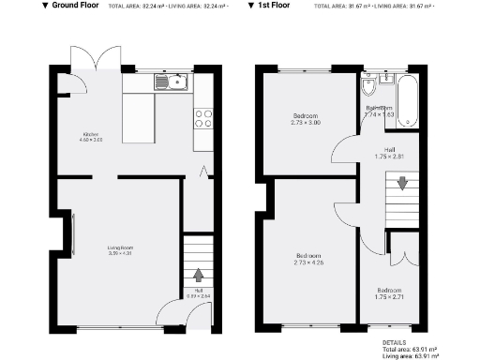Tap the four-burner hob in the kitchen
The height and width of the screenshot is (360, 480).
pos(202,118)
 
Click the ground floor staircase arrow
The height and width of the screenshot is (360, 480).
pos(198,275)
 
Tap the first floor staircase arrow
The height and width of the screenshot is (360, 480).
pos(402,184)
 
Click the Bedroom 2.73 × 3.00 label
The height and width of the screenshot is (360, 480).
pos(306,118)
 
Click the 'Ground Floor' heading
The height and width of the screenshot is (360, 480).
pos(76,6)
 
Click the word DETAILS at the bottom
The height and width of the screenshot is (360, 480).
pos(396,343)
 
